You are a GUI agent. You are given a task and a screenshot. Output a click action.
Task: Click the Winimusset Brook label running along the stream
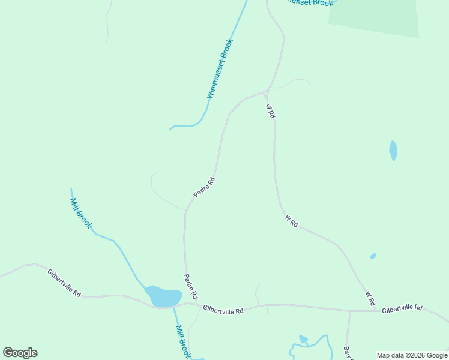coord(220,69)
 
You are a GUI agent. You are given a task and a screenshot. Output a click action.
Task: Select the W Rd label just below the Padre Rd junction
coord(271,110)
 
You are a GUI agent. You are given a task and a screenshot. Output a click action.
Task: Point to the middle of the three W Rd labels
coord(291,221)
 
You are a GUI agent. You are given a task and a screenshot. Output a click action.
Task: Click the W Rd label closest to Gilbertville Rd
coord(370,298)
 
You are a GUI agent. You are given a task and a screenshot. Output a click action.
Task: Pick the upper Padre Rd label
coord(204,187)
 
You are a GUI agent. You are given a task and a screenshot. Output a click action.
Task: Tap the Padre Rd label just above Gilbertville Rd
coord(190,287)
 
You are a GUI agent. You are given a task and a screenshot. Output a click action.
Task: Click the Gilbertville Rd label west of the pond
coord(64,283)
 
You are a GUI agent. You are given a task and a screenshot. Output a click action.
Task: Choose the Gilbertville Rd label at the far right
coord(402,308)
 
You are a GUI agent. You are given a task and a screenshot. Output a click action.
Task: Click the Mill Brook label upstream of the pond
coord(81,213)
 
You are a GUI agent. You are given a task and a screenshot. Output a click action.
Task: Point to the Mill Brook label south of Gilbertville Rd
coord(183,341)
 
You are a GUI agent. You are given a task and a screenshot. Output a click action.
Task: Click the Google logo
coord(20,353)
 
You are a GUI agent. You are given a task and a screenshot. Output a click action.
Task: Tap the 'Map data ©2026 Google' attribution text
coord(412,355)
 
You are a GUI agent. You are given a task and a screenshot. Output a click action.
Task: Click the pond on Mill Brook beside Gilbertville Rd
coord(163,296)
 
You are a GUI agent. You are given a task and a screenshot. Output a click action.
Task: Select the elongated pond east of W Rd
coord(393,150)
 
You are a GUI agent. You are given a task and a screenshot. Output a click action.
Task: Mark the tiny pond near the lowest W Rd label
coord(373,256)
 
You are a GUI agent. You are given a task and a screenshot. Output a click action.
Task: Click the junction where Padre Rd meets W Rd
coord(267,91)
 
